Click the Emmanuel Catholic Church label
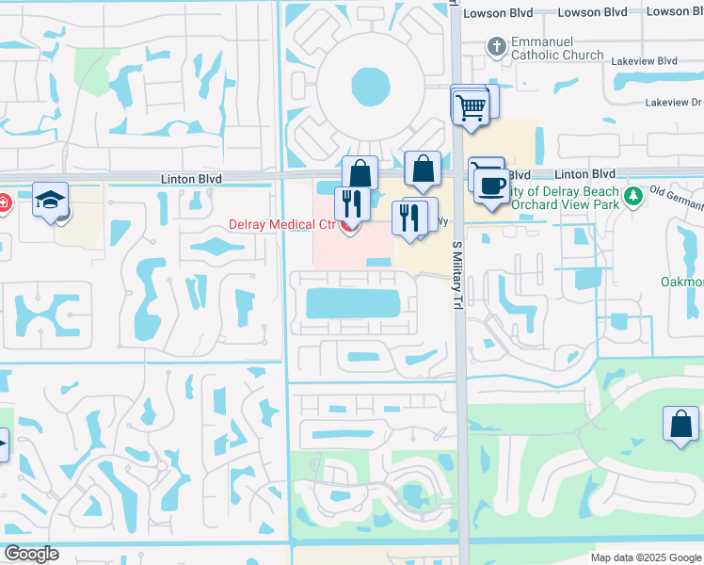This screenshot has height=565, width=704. coord(557,49)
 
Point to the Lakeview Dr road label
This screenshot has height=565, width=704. coord(682,102)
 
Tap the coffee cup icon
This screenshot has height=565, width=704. coord(490,185)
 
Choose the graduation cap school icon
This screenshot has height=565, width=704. coord(49,200)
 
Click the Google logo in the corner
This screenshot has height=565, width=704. coord(30,554)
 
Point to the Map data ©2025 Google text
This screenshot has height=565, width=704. coord(645,557)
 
